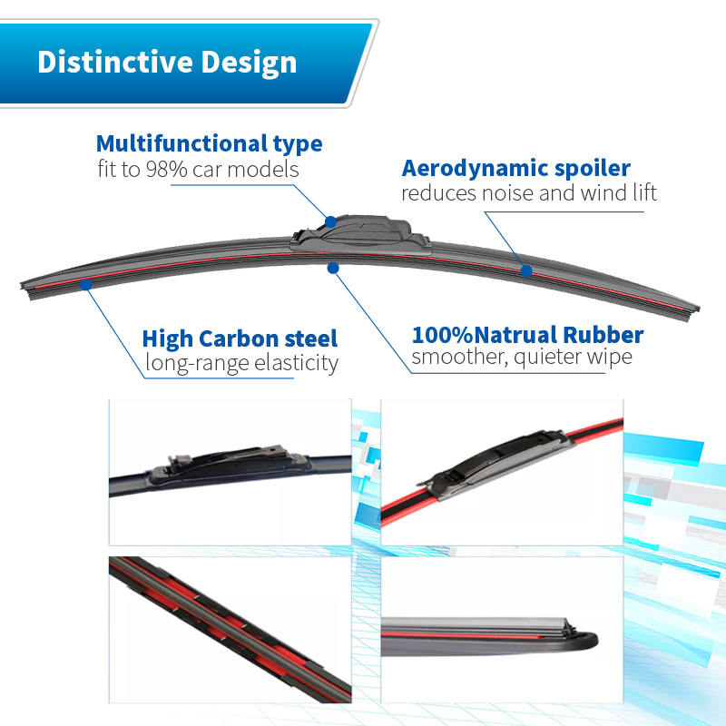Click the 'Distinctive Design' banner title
click(x=167, y=62)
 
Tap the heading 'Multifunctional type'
click(x=209, y=143)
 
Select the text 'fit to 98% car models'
click(x=198, y=170)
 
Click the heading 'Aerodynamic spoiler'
click(x=515, y=168)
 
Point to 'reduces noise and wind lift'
click(x=529, y=193)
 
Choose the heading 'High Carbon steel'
click(x=240, y=339)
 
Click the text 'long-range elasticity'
click(x=241, y=364)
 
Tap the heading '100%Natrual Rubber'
click(x=527, y=335)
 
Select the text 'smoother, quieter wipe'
click(x=522, y=358)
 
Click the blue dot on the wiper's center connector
click(x=330, y=221)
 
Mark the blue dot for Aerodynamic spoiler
click(x=525, y=270)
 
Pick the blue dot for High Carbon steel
click(x=85, y=284)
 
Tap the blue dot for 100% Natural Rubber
click(x=333, y=267)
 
